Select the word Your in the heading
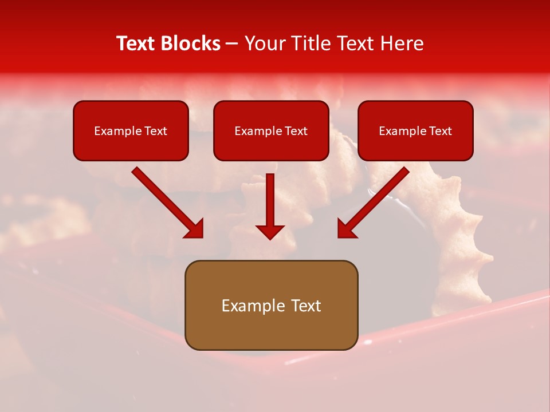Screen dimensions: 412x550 [x=264, y=43]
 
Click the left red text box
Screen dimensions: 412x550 [x=131, y=130]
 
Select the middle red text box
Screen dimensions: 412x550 [x=271, y=130]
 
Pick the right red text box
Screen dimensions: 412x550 [x=415, y=130]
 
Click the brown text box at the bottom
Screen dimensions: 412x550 [x=271, y=305]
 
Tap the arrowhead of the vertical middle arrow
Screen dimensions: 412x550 [x=270, y=232]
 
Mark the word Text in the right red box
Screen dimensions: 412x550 [x=440, y=131]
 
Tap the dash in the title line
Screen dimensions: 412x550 [x=232, y=43]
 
